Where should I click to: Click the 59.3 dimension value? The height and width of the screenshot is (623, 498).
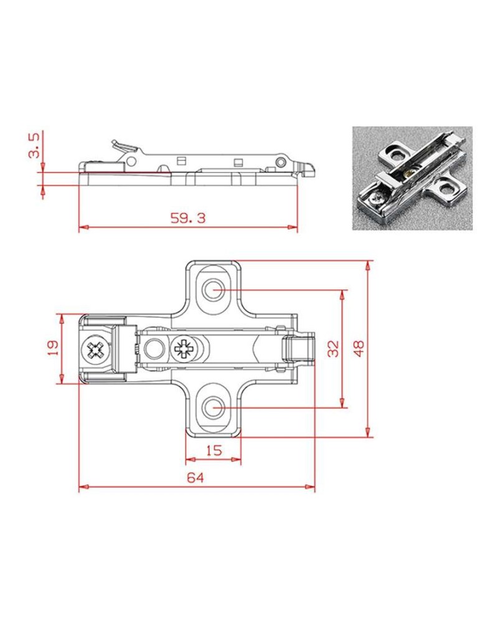click(187, 218)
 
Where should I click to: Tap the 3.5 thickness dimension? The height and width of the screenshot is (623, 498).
click(35, 145)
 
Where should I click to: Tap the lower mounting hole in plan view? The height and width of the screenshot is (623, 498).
click(214, 408)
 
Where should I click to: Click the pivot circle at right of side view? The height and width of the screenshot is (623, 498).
click(280, 163)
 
